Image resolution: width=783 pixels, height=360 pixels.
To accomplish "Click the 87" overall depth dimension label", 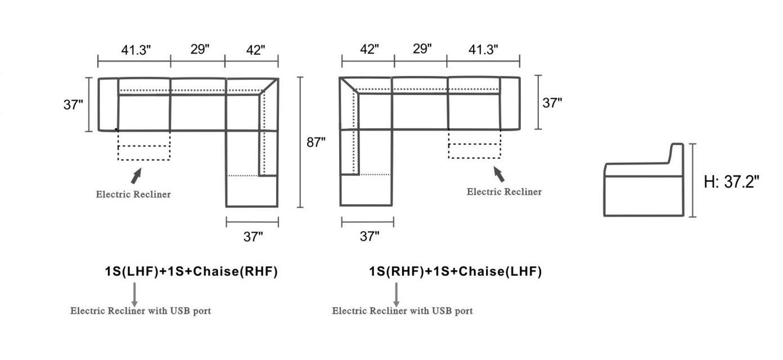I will tap(316, 143).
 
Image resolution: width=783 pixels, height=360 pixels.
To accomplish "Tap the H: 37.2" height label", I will tap(732, 181).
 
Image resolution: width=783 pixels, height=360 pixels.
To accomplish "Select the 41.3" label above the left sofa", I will tap(136, 49).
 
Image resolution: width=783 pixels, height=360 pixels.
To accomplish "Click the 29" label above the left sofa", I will tap(200, 49).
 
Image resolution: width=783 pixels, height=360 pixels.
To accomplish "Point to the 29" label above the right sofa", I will tap(422, 48).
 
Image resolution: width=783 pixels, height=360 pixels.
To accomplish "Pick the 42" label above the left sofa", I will tap(255, 49).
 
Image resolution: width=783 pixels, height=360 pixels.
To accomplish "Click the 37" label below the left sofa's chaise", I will tap(253, 237).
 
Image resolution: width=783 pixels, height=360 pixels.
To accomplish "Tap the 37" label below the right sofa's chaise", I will tap(369, 236).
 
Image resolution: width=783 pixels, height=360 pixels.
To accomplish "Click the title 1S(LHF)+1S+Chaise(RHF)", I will tap(191, 272).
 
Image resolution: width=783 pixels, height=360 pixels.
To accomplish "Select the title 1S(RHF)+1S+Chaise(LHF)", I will tap(455, 272).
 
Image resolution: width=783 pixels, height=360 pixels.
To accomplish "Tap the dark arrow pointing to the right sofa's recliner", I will tap(497, 172).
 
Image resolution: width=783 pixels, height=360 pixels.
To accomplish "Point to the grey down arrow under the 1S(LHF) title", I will tap(134, 294).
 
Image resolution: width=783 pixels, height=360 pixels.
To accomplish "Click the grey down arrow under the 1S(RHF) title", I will tap(397, 294).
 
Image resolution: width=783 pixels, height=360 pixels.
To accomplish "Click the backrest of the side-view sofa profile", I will tap(676, 155).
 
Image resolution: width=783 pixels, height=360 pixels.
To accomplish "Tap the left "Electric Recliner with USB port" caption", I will tap(141, 310).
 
